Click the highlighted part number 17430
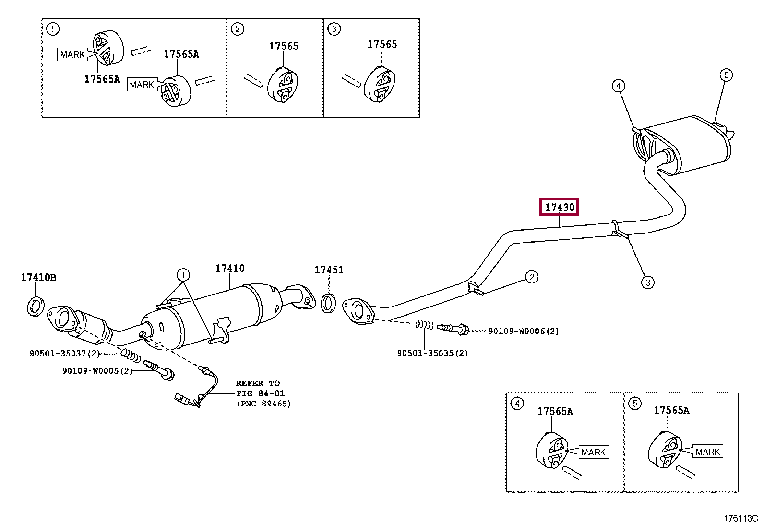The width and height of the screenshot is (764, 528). click(x=560, y=207)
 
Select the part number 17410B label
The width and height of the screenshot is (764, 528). click(x=38, y=277)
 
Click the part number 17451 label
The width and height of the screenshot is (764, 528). click(x=329, y=270)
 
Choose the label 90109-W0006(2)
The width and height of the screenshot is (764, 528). click(x=523, y=331)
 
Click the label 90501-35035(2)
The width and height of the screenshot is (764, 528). click(x=432, y=353)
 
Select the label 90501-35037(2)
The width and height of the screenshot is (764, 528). click(x=64, y=353)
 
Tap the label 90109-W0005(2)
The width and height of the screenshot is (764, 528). click(x=97, y=370)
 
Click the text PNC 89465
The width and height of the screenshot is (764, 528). click(x=263, y=404)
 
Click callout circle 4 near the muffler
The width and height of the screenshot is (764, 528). click(x=619, y=86)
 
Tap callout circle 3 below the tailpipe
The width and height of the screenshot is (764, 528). click(x=647, y=282)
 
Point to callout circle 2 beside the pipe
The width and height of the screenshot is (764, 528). click(x=531, y=276)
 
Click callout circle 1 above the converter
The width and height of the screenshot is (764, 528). click(x=183, y=275)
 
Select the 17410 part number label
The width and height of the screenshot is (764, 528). click(x=229, y=269)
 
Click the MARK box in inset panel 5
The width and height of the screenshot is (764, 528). click(x=707, y=452)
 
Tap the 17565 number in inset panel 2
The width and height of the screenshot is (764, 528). click(x=283, y=46)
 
